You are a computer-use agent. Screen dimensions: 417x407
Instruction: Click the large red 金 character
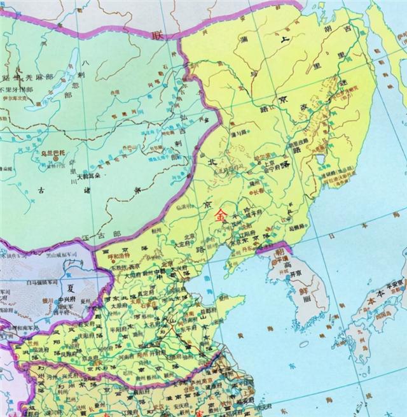(221, 215)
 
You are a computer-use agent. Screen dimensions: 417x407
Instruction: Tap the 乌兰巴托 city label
(52, 153)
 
